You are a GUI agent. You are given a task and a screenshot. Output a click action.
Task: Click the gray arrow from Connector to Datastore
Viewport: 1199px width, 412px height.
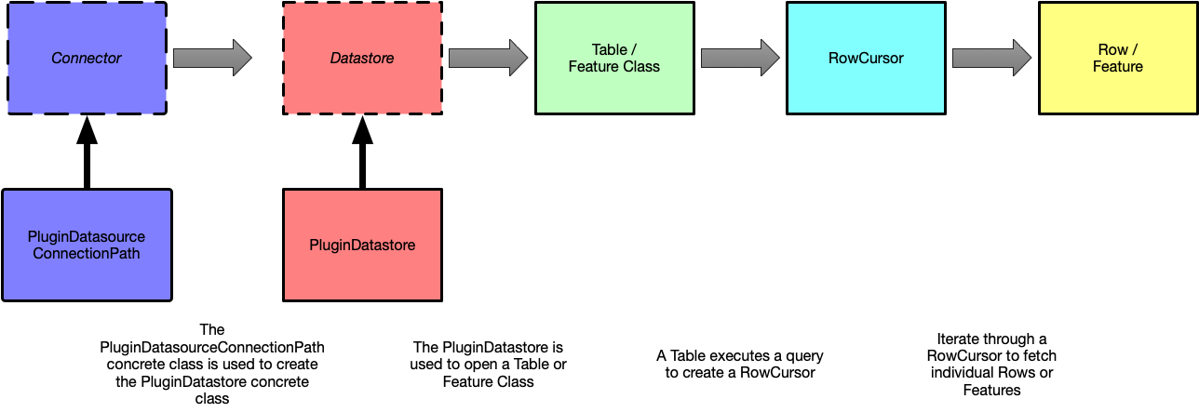pos(212,58)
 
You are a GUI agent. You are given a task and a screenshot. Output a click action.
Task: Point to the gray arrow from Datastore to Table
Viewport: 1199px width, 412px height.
pos(488,58)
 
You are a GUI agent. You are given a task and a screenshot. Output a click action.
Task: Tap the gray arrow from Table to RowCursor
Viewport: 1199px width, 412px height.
pos(739,58)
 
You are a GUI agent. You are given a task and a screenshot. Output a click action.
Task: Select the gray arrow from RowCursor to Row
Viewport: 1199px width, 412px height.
pos(991,58)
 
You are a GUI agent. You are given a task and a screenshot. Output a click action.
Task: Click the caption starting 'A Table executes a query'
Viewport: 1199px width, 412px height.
pos(740,365)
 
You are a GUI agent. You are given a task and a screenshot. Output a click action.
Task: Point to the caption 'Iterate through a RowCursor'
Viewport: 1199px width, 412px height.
pos(992,365)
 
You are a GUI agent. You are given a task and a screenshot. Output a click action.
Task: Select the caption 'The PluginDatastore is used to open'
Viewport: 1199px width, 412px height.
pos(489,365)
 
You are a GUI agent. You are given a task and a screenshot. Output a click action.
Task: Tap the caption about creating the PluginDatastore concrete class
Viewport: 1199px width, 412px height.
pos(212,365)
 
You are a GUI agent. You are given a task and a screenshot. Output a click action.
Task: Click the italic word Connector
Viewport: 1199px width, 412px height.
pos(87,58)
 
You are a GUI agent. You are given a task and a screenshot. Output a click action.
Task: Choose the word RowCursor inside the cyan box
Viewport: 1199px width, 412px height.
pos(866,58)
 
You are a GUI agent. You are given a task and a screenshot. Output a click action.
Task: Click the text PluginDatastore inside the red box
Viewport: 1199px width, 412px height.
pos(362,246)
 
